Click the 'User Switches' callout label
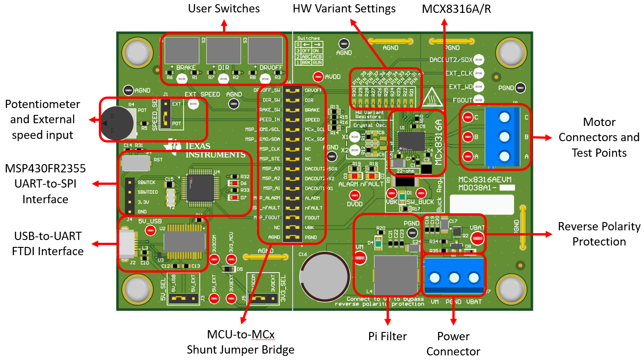pyautogui.click(x=224, y=8)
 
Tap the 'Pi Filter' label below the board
pyautogui.click(x=388, y=336)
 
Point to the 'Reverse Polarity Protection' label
pyautogui.click(x=599, y=234)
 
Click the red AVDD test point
pyautogui.click(x=318, y=77)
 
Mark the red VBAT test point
pyautogui.click(x=477, y=238)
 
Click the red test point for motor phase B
pyautogui.click(x=468, y=137)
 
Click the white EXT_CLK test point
pyautogui.click(x=479, y=73)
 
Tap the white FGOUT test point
pyautogui.click(x=479, y=99)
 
